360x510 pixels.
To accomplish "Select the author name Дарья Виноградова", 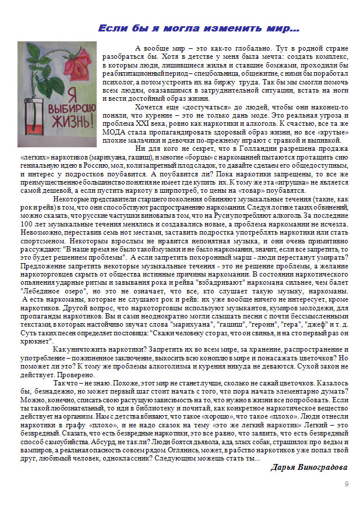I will coord(309,467).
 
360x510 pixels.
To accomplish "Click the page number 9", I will coord(346,484).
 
